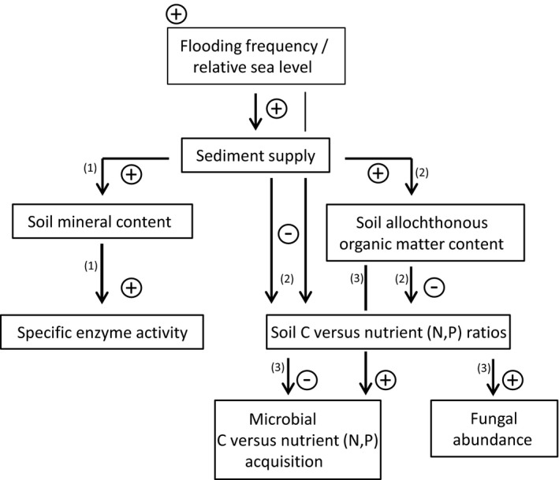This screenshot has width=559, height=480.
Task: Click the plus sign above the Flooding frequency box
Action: (177, 13)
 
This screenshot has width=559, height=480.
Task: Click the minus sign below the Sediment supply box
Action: (289, 235)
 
